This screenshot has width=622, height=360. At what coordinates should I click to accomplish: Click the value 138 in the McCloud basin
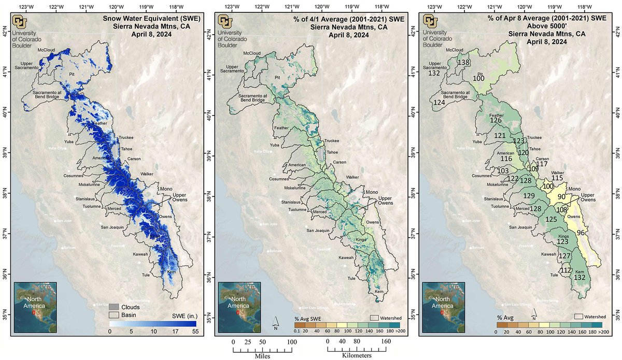tap(463, 62)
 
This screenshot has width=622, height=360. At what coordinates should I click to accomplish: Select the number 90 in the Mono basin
tap(561, 197)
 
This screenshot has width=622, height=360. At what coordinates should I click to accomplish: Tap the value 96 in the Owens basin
tap(582, 233)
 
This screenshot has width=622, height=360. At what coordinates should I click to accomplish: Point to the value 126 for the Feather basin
tap(496, 120)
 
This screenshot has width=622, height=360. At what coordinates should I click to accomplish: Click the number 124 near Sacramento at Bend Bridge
tap(440, 102)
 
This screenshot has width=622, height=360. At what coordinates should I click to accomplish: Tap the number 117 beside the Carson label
tap(542, 164)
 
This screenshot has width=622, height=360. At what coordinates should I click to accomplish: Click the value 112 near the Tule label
tap(566, 270)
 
